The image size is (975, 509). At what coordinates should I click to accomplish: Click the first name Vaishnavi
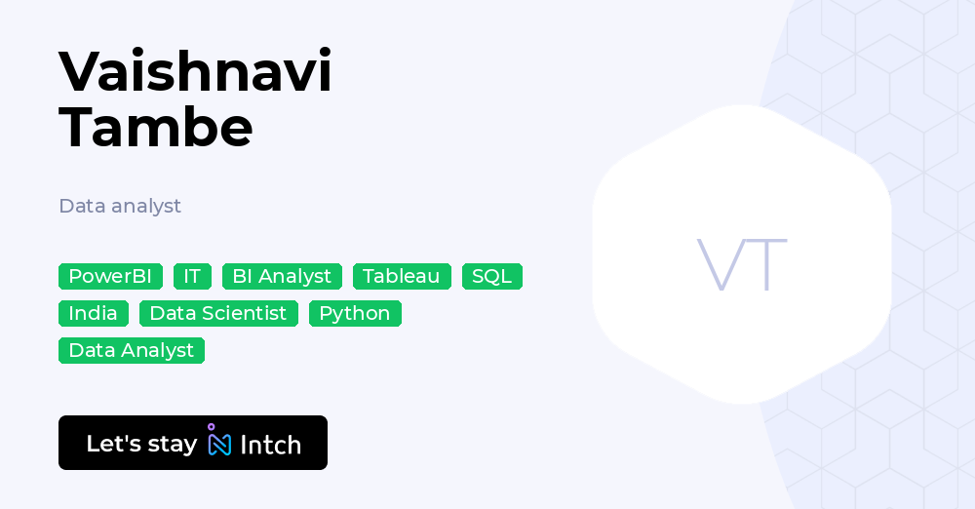coord(195,71)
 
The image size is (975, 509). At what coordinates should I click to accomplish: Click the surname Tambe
coord(156,126)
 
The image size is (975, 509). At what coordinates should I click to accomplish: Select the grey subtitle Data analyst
coord(120,206)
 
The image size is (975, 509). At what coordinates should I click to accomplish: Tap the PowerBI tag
coord(110,276)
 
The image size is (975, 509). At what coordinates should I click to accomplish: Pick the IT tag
coord(192,276)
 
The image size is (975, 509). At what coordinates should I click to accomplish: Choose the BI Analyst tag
coord(282,276)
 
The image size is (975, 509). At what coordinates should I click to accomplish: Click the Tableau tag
coord(402,276)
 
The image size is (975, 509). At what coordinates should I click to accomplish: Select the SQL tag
coord(491,276)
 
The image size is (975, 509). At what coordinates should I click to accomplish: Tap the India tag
coord(93,313)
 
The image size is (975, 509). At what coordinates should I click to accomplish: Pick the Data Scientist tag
coord(218,313)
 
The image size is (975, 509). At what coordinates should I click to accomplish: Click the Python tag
coord(355,313)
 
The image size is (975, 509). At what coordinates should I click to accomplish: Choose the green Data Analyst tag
coord(132,350)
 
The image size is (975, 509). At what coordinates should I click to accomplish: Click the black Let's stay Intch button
coord(193,443)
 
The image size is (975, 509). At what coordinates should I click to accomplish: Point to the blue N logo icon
coord(220,445)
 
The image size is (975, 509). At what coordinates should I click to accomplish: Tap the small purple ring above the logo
coord(211,427)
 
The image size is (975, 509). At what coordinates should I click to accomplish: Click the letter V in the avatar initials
coord(719,264)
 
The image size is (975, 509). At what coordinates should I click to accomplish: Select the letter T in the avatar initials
coord(766,264)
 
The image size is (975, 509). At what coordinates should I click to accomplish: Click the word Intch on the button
coord(270,445)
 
